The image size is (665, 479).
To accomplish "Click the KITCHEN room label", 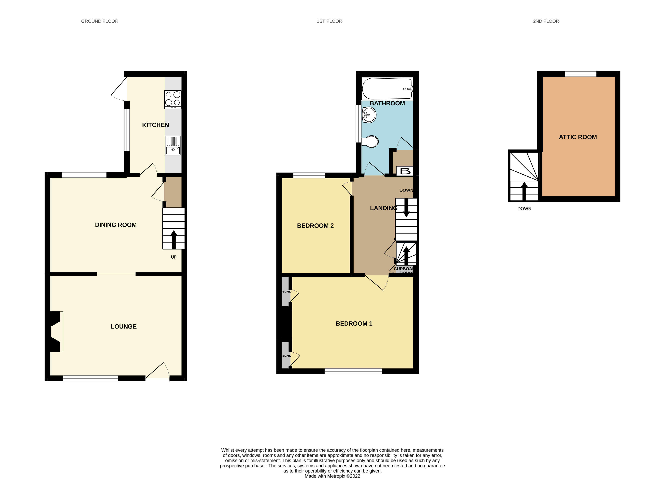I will click(155, 125).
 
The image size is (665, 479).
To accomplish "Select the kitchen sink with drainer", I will click(173, 146).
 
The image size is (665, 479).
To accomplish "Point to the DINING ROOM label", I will click(116, 225).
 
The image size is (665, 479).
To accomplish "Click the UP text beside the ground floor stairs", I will click(174, 257).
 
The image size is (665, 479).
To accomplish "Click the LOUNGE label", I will click(123, 326).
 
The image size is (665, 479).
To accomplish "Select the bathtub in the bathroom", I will click(387, 89).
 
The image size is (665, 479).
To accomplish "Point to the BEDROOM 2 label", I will click(315, 226).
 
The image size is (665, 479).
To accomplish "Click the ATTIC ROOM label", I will click(578, 137).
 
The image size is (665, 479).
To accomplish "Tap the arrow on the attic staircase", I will click(524, 191).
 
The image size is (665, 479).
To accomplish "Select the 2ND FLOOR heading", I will click(546, 21).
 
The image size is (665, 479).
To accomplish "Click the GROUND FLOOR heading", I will click(100, 21).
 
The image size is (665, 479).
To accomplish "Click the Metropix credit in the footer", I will click(332, 476).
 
